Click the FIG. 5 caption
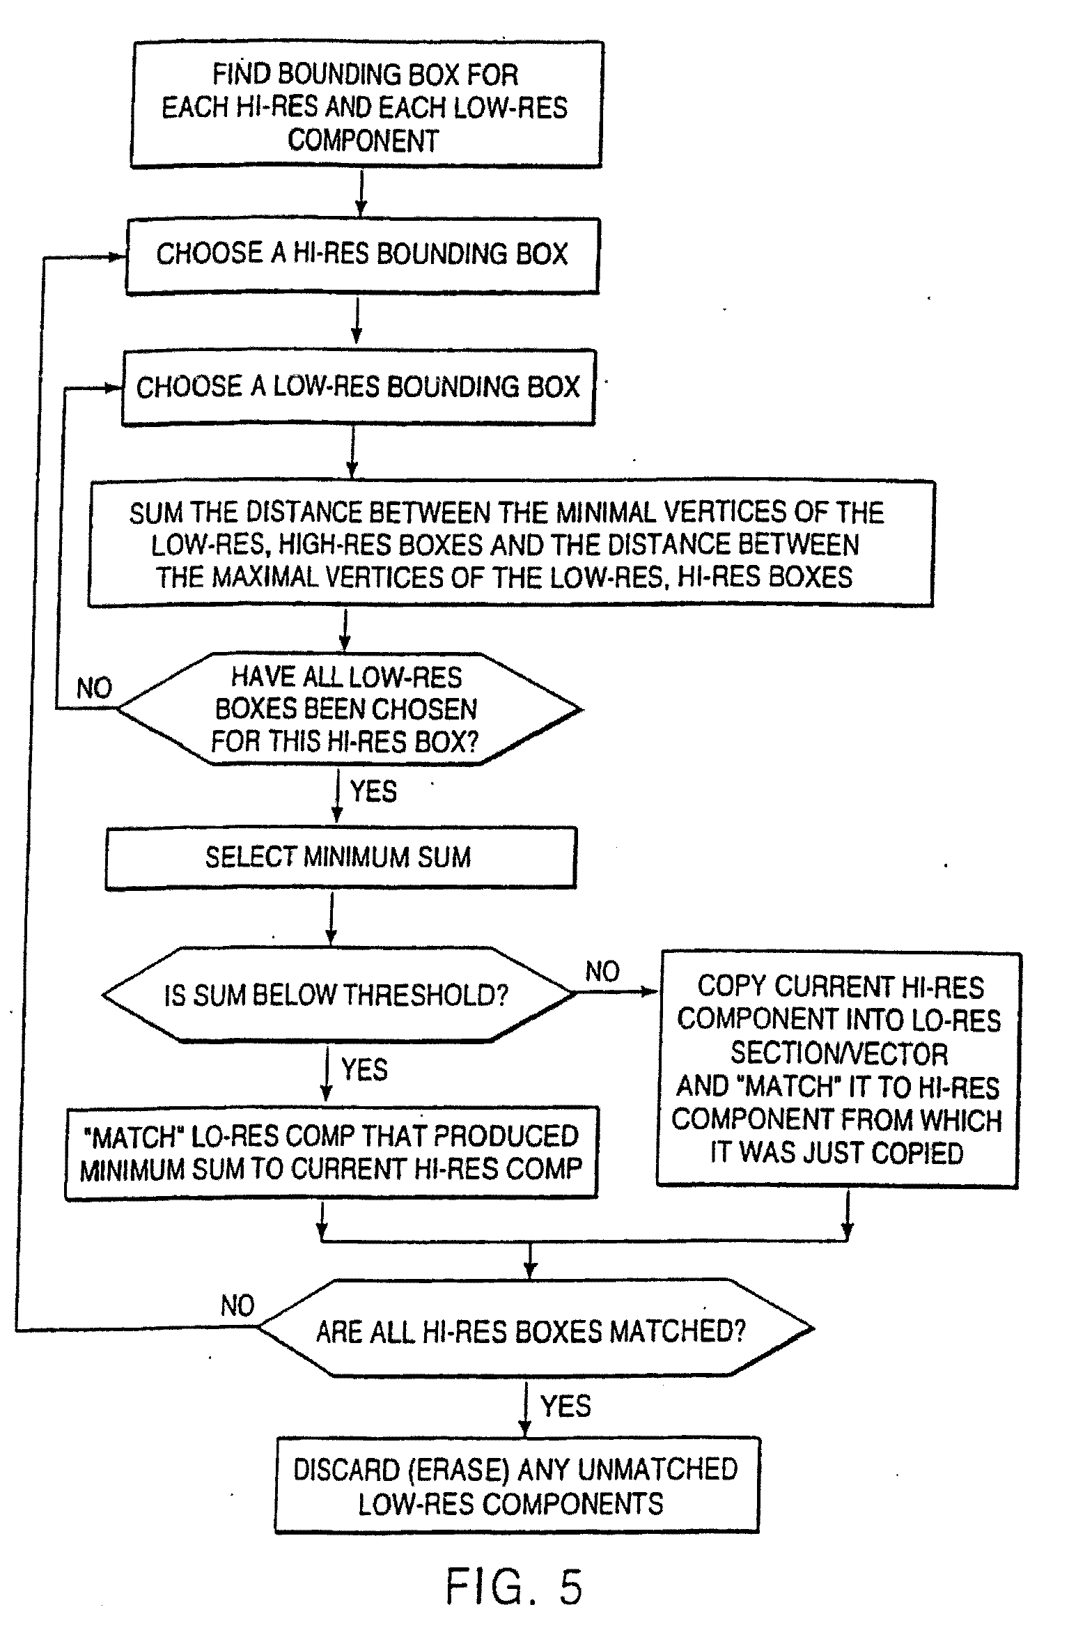point(514,1587)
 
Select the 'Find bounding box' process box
point(366,105)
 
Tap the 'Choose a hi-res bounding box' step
point(361,254)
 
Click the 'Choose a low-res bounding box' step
point(358,387)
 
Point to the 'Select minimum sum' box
point(340,858)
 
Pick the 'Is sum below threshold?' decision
point(337,995)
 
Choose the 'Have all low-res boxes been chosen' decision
point(346,709)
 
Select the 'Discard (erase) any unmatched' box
point(516,1486)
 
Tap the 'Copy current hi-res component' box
point(838,1069)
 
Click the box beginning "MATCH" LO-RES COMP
point(331,1153)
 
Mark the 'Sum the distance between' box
point(510,544)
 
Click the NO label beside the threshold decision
point(602,971)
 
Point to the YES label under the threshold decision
point(364,1069)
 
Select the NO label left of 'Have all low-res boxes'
point(94,688)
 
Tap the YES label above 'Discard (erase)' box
point(565,1406)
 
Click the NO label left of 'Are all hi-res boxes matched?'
point(237,1305)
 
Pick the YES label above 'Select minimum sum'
point(373,791)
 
